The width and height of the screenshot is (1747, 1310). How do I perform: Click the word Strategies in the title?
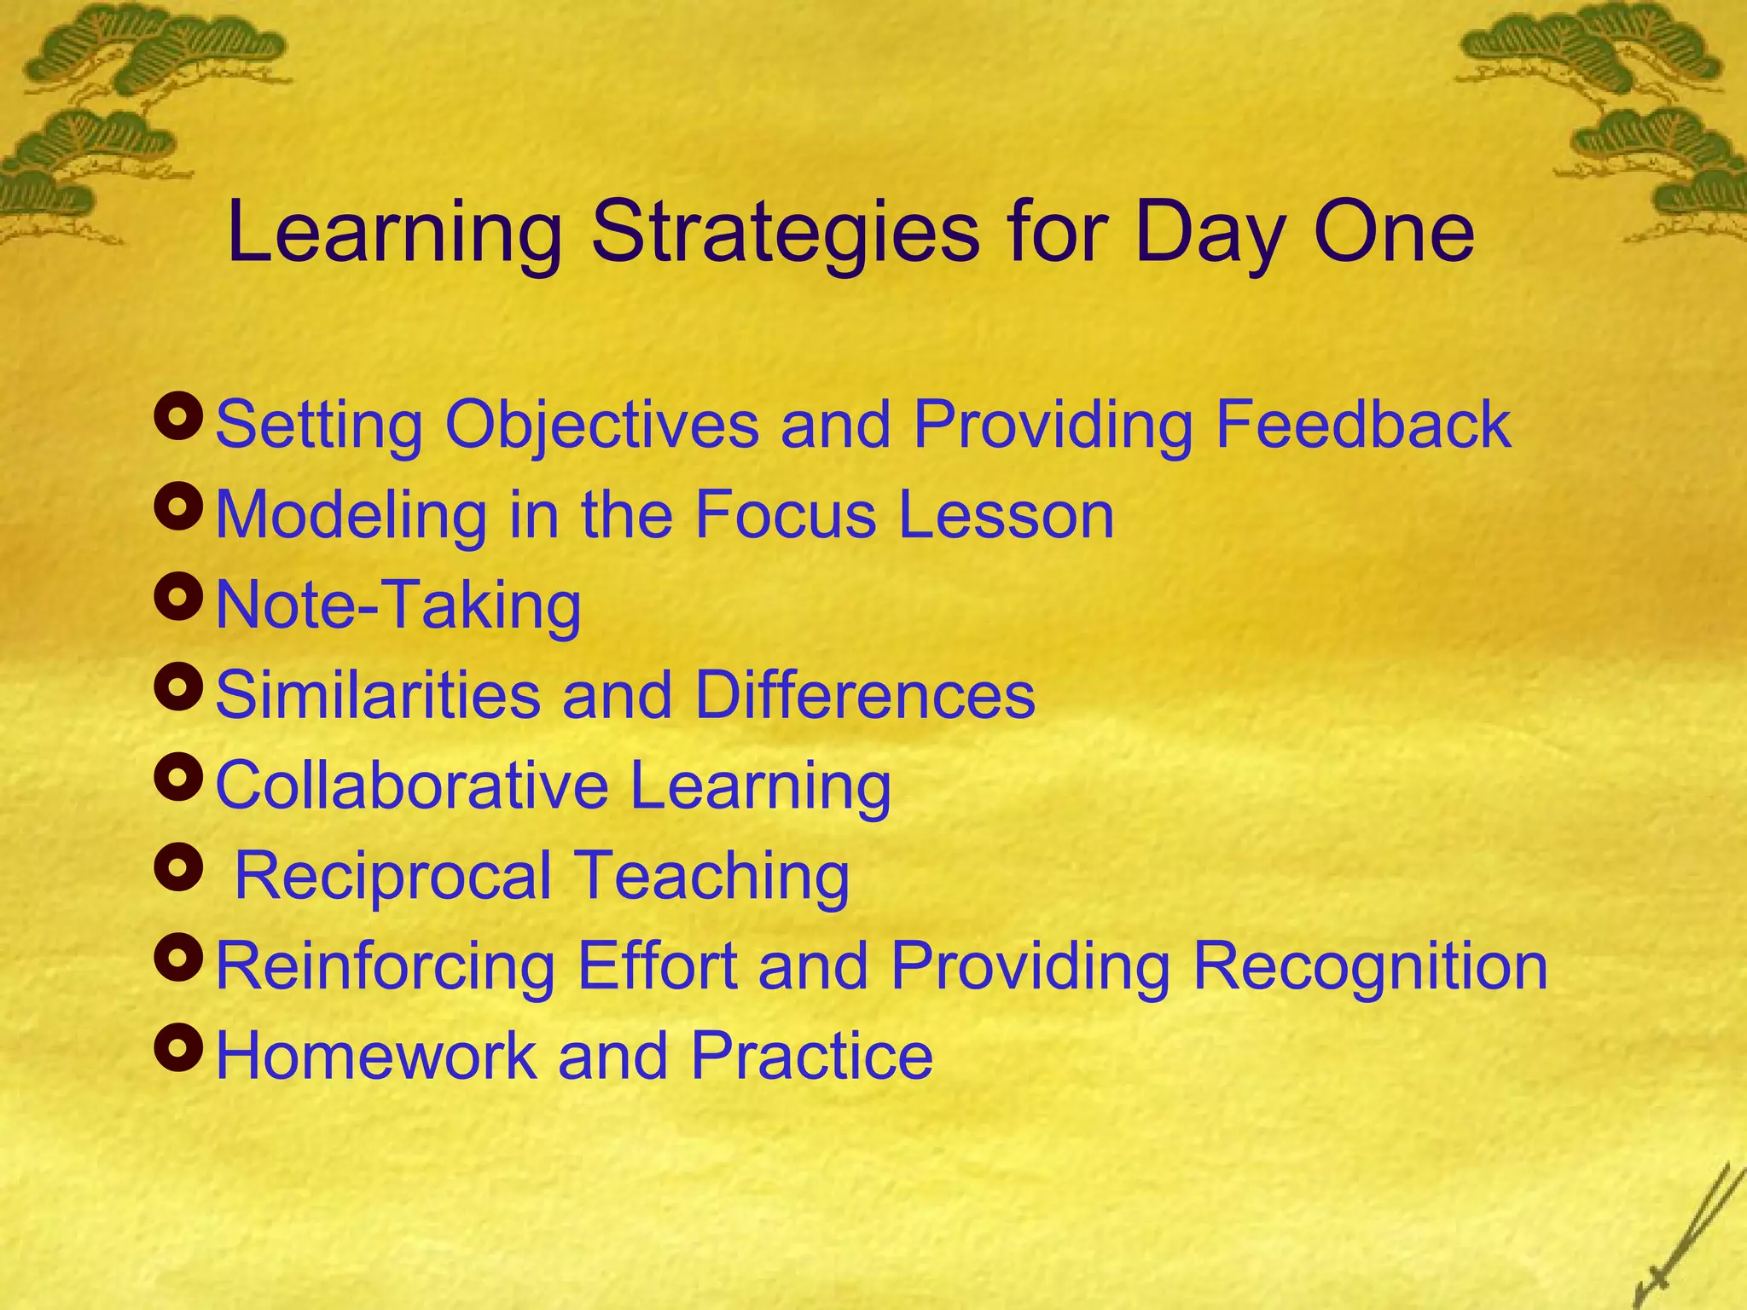785,232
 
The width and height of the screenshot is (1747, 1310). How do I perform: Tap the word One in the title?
1394,232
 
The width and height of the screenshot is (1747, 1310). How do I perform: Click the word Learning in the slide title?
394,232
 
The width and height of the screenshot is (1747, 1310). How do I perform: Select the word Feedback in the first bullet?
1362,424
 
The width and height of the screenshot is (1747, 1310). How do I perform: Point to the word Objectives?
601,424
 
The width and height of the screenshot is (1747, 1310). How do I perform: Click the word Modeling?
351,515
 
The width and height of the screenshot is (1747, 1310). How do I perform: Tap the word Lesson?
1006,515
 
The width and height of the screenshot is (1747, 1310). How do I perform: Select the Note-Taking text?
398,606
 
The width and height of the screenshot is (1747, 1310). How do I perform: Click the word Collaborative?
411,785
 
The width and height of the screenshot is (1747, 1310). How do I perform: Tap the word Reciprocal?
392,876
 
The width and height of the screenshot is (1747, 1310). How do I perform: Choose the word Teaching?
711,876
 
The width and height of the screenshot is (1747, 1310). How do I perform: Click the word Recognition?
1369,966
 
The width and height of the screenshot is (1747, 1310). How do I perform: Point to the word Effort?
657,966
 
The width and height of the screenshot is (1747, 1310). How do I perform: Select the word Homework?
376,1057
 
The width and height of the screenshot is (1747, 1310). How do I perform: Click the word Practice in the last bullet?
811,1057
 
